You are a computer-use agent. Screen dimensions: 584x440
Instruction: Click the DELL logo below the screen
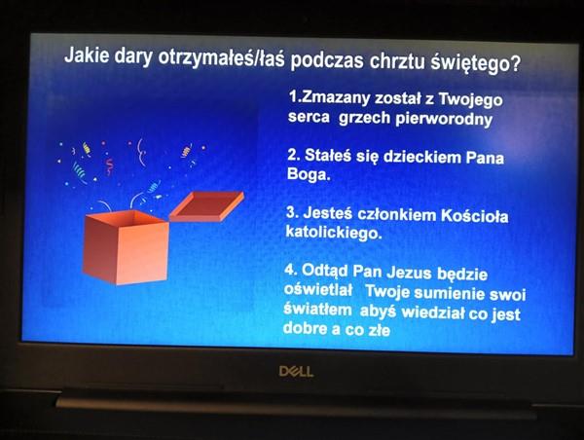pyautogui.click(x=296, y=372)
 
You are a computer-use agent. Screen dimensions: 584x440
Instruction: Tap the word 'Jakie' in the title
pyautogui.click(x=88, y=55)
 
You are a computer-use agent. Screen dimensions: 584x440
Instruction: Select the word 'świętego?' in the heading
pyautogui.click(x=476, y=62)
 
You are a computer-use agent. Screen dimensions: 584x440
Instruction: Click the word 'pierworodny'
pyautogui.click(x=444, y=119)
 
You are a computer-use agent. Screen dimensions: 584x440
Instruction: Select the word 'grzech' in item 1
pyautogui.click(x=365, y=118)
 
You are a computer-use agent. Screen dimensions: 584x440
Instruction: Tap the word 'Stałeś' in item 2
pyautogui.click(x=328, y=155)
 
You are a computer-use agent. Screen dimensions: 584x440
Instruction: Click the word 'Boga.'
pyautogui.click(x=309, y=174)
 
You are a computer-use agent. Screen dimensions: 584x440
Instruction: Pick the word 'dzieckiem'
pyautogui.click(x=422, y=157)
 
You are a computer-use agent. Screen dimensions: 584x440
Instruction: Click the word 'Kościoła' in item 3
pyautogui.click(x=475, y=216)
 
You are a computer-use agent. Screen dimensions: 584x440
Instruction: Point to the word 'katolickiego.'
pyautogui.click(x=334, y=233)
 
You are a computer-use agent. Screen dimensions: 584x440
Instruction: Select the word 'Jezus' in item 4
pyautogui.click(x=409, y=273)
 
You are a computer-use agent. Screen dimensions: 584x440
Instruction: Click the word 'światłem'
pyautogui.click(x=317, y=310)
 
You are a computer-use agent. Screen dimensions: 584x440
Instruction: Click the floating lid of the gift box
pyautogui.click(x=206, y=205)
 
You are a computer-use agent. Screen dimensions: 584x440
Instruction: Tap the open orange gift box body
pyautogui.click(x=126, y=247)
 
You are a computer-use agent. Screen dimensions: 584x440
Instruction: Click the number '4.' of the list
pyautogui.click(x=291, y=269)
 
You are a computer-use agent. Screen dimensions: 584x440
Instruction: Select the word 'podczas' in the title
pyautogui.click(x=327, y=59)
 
